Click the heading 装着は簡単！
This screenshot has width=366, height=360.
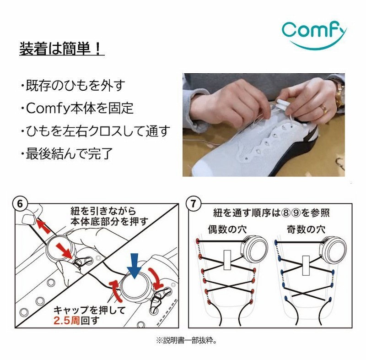click(x=61, y=49)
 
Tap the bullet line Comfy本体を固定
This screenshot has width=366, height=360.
click(x=77, y=108)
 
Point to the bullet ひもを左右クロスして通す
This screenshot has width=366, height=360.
click(x=95, y=131)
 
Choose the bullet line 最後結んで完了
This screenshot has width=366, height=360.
click(x=67, y=153)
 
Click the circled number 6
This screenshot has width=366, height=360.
click(x=20, y=204)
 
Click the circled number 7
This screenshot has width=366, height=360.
click(x=193, y=204)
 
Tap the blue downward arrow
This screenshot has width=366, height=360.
click(x=134, y=266)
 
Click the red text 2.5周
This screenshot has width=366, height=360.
click(x=67, y=320)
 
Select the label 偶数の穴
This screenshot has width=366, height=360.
click(x=227, y=229)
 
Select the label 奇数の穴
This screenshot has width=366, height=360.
click(x=306, y=229)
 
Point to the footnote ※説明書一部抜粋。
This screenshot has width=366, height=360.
click(x=187, y=340)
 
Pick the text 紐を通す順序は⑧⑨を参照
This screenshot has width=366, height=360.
click(x=271, y=213)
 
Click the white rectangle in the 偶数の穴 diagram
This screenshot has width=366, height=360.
click(x=227, y=260)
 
